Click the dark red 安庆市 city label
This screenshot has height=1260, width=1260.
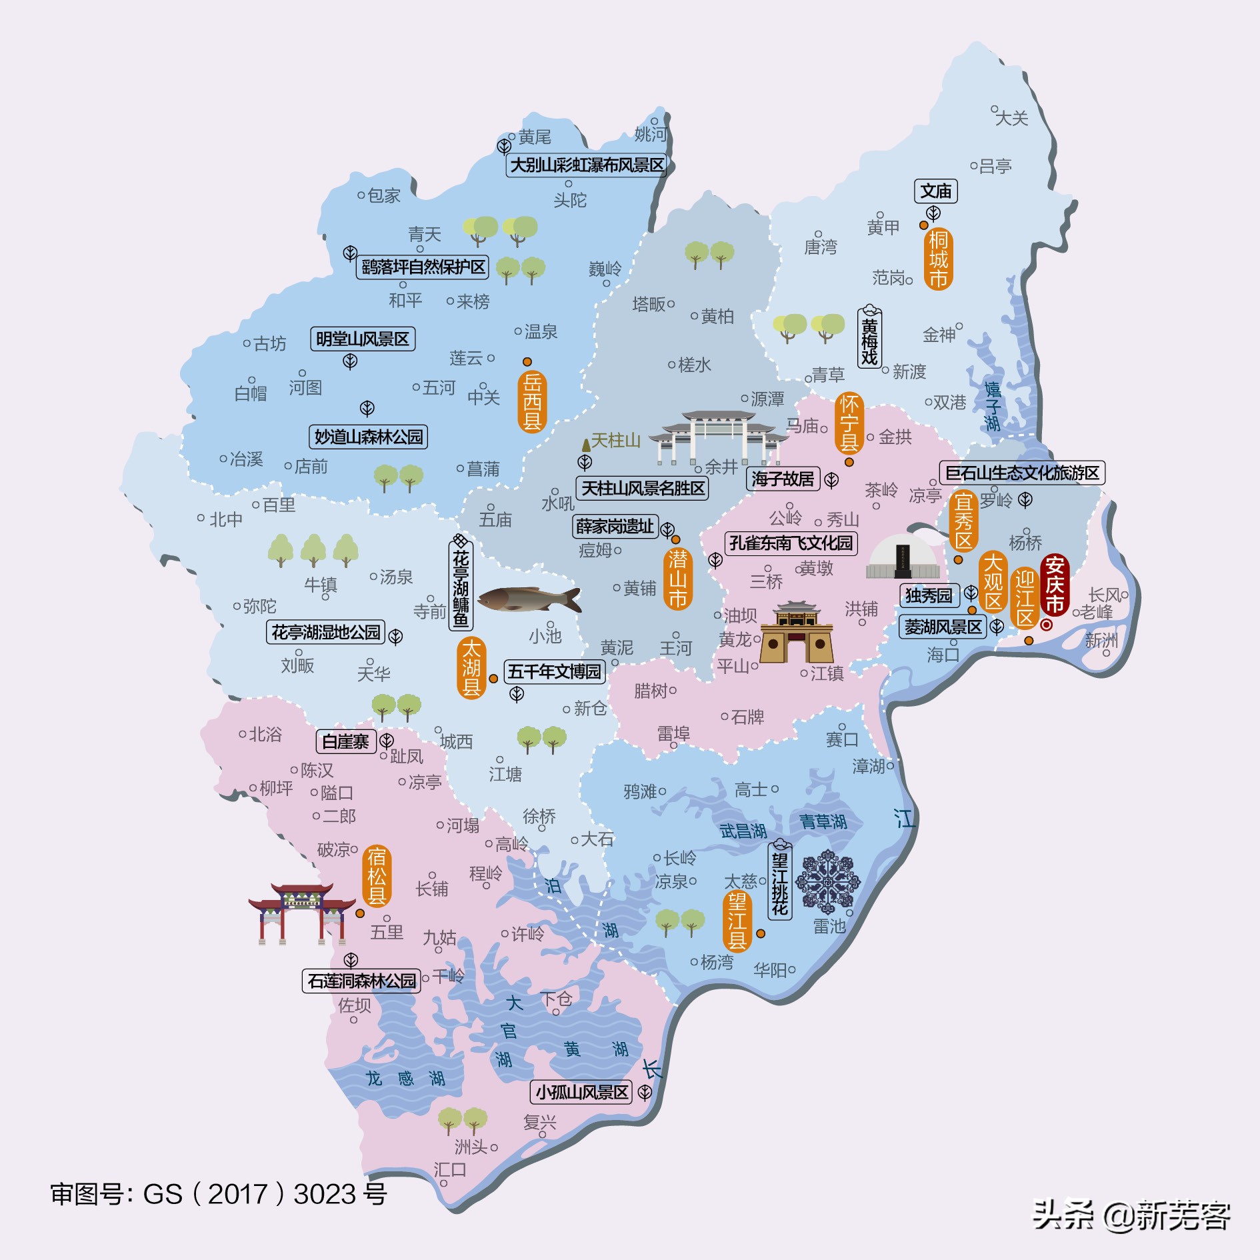(1054, 585)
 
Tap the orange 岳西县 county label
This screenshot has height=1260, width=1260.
(532, 401)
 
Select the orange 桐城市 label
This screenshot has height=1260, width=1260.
(938, 259)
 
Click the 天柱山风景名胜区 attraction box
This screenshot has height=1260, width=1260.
(642, 488)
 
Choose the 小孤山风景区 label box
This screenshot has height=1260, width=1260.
(582, 1092)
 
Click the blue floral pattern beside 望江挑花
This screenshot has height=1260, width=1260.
(828, 881)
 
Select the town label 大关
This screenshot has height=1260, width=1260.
(1011, 118)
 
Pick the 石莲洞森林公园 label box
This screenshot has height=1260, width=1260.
(361, 981)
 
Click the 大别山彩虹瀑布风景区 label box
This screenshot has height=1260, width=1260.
(587, 165)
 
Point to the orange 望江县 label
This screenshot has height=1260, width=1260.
(737, 922)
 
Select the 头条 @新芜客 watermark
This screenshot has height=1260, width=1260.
(1131, 1215)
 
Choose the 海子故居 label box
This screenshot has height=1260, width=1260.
(782, 479)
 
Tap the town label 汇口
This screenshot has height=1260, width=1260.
(450, 1169)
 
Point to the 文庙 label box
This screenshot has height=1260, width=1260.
(935, 191)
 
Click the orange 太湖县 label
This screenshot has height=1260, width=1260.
(471, 667)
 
